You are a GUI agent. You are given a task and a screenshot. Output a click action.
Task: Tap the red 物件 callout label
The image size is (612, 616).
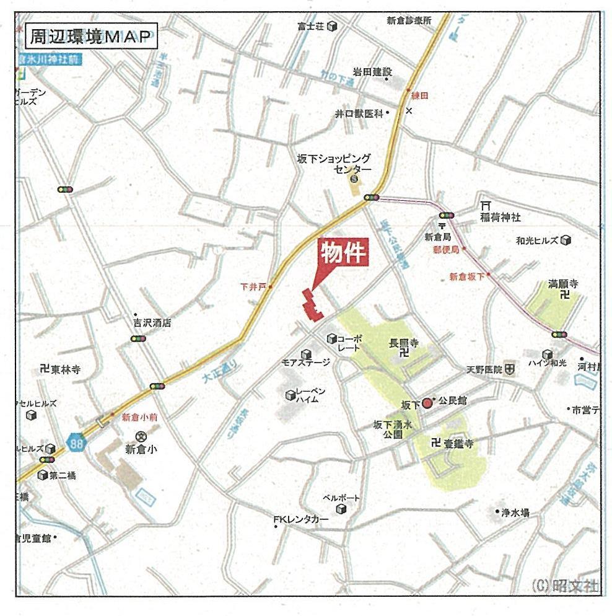point(344,252)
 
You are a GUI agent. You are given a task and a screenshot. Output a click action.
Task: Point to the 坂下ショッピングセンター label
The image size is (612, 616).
point(334,164)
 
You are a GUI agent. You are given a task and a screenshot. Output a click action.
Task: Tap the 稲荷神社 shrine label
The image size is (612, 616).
point(501,218)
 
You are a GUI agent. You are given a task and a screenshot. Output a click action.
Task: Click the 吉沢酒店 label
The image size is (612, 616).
point(152,323)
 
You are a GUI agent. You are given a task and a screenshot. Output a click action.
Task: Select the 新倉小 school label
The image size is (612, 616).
point(141,450)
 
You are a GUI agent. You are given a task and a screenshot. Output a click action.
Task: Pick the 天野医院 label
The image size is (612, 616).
point(484,369)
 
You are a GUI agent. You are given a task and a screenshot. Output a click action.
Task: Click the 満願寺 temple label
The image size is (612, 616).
point(562,284)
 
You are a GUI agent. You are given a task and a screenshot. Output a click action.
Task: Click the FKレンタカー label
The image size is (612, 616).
point(301,519)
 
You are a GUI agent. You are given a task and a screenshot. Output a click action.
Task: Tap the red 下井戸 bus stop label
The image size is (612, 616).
point(253,287)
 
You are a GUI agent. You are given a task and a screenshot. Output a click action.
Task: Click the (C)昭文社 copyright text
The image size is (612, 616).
point(565,585)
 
